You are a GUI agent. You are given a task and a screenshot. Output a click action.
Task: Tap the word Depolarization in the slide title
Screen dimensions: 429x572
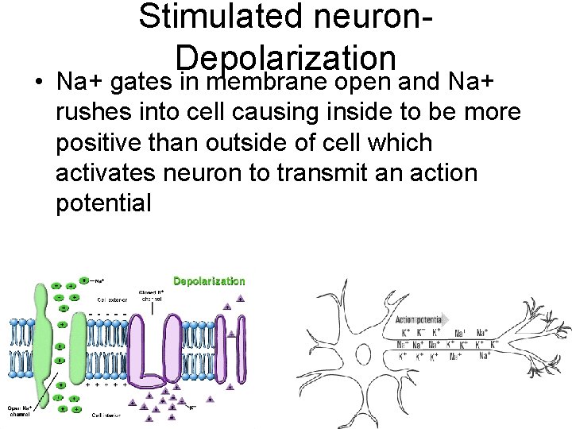(x=286, y=57)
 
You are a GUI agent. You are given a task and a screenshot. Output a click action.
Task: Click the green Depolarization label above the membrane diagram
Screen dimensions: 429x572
(x=209, y=281)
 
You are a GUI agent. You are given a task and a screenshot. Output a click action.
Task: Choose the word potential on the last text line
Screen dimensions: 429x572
(x=103, y=203)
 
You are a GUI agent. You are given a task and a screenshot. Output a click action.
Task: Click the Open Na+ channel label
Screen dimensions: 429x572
(x=20, y=410)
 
